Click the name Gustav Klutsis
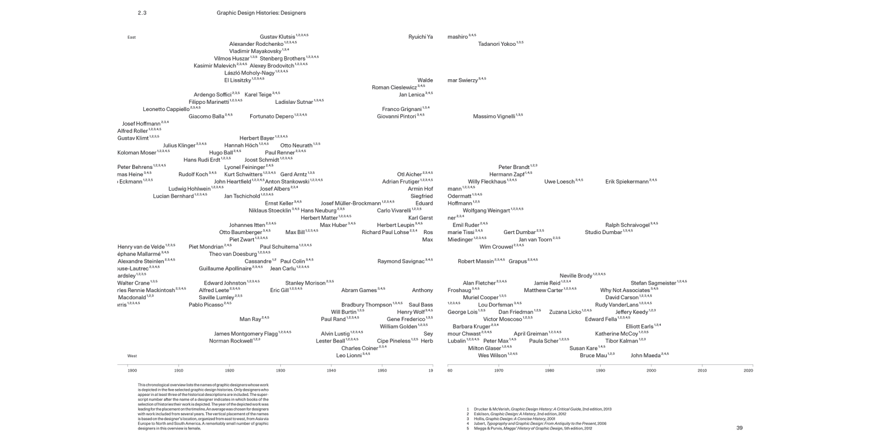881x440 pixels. (x=277, y=36)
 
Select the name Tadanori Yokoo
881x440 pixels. (x=497, y=44)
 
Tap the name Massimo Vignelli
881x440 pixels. (x=494, y=116)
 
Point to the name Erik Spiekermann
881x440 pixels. (x=627, y=182)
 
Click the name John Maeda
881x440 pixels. (x=645, y=355)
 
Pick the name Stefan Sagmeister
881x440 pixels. (x=653, y=283)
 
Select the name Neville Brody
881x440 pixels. (x=576, y=276)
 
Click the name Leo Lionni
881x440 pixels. (x=349, y=355)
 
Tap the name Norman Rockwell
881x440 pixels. (x=230, y=341)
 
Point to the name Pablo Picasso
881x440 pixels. (x=206, y=304)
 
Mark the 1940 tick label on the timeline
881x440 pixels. (x=331, y=371)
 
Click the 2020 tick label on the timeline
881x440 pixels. (x=748, y=371)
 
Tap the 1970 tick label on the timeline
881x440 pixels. (x=499, y=371)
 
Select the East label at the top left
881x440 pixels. (x=132, y=38)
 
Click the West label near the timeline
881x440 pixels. (x=132, y=356)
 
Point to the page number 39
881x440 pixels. (x=739, y=428)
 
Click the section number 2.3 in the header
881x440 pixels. (x=142, y=13)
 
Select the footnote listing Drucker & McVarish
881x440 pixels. (x=539, y=408)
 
